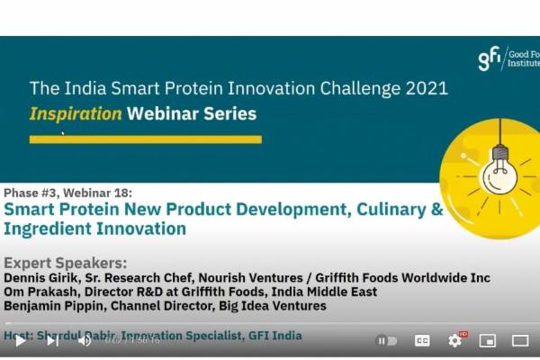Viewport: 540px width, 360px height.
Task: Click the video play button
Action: coord(20,340)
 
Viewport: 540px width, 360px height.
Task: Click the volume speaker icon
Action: coord(85,340)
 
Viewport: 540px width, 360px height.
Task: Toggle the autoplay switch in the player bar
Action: coord(386,340)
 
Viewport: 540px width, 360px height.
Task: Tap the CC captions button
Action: coord(422,340)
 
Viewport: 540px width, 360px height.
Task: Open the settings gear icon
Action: coord(455,340)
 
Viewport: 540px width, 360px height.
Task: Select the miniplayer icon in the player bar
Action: coord(488,340)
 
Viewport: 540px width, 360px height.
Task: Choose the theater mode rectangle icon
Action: coord(520,340)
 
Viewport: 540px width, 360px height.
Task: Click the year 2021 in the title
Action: coord(423,89)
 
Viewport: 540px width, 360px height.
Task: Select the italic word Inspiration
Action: coord(76,114)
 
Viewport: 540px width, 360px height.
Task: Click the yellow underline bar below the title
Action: coord(145,139)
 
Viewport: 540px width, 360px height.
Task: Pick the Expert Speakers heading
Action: coord(66,263)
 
